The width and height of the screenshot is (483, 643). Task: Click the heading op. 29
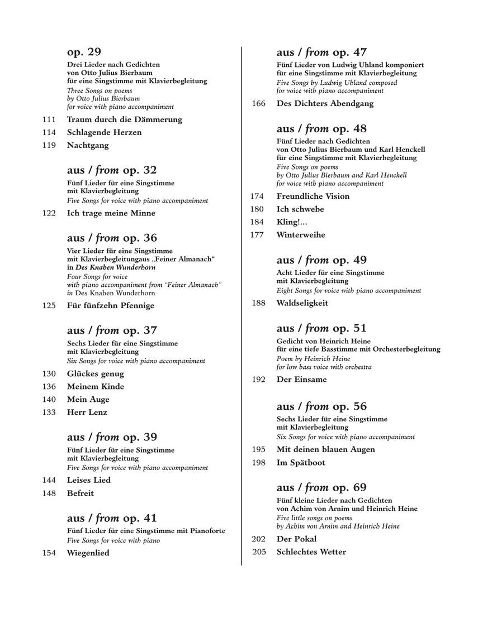pyautogui.click(x=84, y=52)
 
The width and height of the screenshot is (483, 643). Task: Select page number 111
pyautogui.click(x=49, y=119)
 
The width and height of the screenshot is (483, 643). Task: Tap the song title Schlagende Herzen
pyautogui.click(x=104, y=132)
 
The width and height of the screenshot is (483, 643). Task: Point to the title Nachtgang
pyautogui.click(x=88, y=145)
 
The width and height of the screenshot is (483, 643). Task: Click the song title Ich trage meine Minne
pyautogui.click(x=111, y=213)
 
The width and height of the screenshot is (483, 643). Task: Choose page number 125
pyautogui.click(x=49, y=305)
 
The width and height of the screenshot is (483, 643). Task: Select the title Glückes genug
pyautogui.click(x=96, y=374)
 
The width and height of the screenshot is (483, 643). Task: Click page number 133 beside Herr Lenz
pyautogui.click(x=49, y=412)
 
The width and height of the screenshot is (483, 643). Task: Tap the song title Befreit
pyautogui.click(x=80, y=493)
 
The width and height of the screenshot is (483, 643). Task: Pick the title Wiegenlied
pyautogui.click(x=88, y=553)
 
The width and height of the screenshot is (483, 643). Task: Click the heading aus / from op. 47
pyautogui.click(x=321, y=52)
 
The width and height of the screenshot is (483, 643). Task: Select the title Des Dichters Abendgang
pyautogui.click(x=325, y=103)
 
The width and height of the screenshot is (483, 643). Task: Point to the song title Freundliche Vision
pyautogui.click(x=312, y=196)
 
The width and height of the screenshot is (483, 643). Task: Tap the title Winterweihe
pyautogui.click(x=301, y=235)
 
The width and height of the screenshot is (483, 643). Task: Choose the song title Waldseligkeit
pyautogui.click(x=302, y=303)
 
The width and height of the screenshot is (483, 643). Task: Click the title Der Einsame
pyautogui.click(x=302, y=380)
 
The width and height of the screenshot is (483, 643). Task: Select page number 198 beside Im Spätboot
pyautogui.click(x=259, y=463)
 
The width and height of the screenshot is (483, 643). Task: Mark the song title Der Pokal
pyautogui.click(x=296, y=539)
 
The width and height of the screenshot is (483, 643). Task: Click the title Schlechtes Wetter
pyautogui.click(x=311, y=552)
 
